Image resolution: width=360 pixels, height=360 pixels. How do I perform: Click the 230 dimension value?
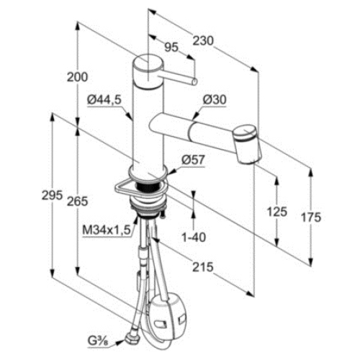(203, 41)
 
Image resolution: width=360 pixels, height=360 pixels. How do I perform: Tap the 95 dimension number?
(171, 48)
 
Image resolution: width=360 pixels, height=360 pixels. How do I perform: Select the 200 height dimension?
(77, 77)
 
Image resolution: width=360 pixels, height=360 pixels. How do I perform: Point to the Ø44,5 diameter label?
(104, 100)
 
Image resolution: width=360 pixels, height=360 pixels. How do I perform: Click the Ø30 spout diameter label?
(215, 99)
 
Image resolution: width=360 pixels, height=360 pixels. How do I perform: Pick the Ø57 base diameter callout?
(193, 160)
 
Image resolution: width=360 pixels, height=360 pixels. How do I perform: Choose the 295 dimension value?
(52, 195)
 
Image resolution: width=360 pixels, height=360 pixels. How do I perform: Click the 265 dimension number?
(77, 201)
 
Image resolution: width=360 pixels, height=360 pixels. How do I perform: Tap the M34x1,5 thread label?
(107, 230)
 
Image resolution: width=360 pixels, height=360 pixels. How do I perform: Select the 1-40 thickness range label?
(194, 238)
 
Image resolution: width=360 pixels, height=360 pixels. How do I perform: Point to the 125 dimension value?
(277, 212)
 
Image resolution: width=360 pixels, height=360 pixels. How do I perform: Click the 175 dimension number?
(311, 217)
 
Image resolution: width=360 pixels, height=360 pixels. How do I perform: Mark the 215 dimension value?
(203, 267)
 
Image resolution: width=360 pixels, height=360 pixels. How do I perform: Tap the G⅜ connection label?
(98, 342)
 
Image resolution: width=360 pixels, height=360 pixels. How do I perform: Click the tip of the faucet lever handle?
(194, 81)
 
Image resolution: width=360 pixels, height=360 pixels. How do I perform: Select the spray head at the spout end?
(246, 143)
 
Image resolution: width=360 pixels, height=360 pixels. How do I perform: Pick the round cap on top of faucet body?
(148, 72)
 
